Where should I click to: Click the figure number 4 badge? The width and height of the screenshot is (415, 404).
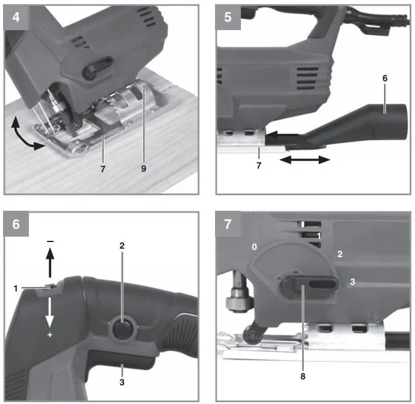coord(16,17)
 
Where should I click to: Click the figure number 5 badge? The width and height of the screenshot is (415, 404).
coord(228,17)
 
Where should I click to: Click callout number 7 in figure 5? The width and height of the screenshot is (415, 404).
coord(259,165)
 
